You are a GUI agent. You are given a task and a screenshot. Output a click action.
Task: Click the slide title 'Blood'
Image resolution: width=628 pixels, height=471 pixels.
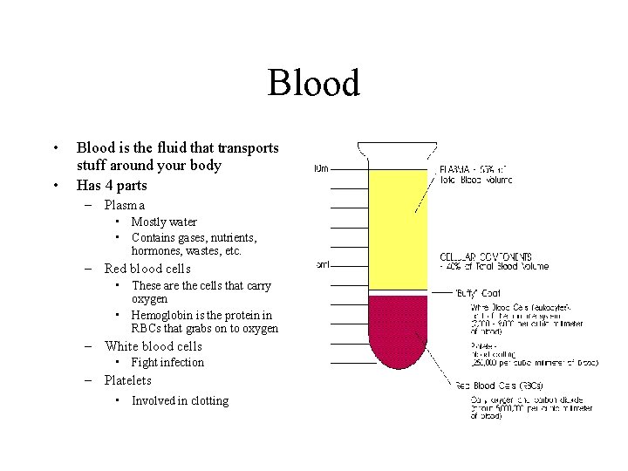click(x=313, y=84)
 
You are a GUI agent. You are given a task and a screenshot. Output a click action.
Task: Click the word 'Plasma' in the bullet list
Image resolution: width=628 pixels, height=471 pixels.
click(x=124, y=205)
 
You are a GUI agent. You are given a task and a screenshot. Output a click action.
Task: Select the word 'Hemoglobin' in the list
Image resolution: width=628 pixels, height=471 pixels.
click(x=162, y=315)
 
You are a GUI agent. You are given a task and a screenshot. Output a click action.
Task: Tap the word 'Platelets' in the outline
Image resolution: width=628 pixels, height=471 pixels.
click(x=127, y=380)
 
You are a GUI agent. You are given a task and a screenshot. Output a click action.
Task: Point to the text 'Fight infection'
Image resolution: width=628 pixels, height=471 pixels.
click(x=167, y=362)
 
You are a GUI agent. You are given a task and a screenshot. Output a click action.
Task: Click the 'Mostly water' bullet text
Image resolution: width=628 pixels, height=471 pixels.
click(x=164, y=222)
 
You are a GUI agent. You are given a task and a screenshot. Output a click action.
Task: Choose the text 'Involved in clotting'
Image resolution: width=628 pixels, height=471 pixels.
click(x=180, y=400)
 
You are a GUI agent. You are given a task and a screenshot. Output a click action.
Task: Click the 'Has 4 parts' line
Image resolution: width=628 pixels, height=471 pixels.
click(x=112, y=185)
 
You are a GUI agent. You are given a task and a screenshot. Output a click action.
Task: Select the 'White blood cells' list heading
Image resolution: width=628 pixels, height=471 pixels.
click(x=153, y=345)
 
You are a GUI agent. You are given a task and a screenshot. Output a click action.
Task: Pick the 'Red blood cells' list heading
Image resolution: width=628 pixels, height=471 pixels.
click(x=147, y=269)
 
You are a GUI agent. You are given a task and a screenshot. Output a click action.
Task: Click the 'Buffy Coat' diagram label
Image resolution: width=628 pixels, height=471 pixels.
click(x=478, y=293)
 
